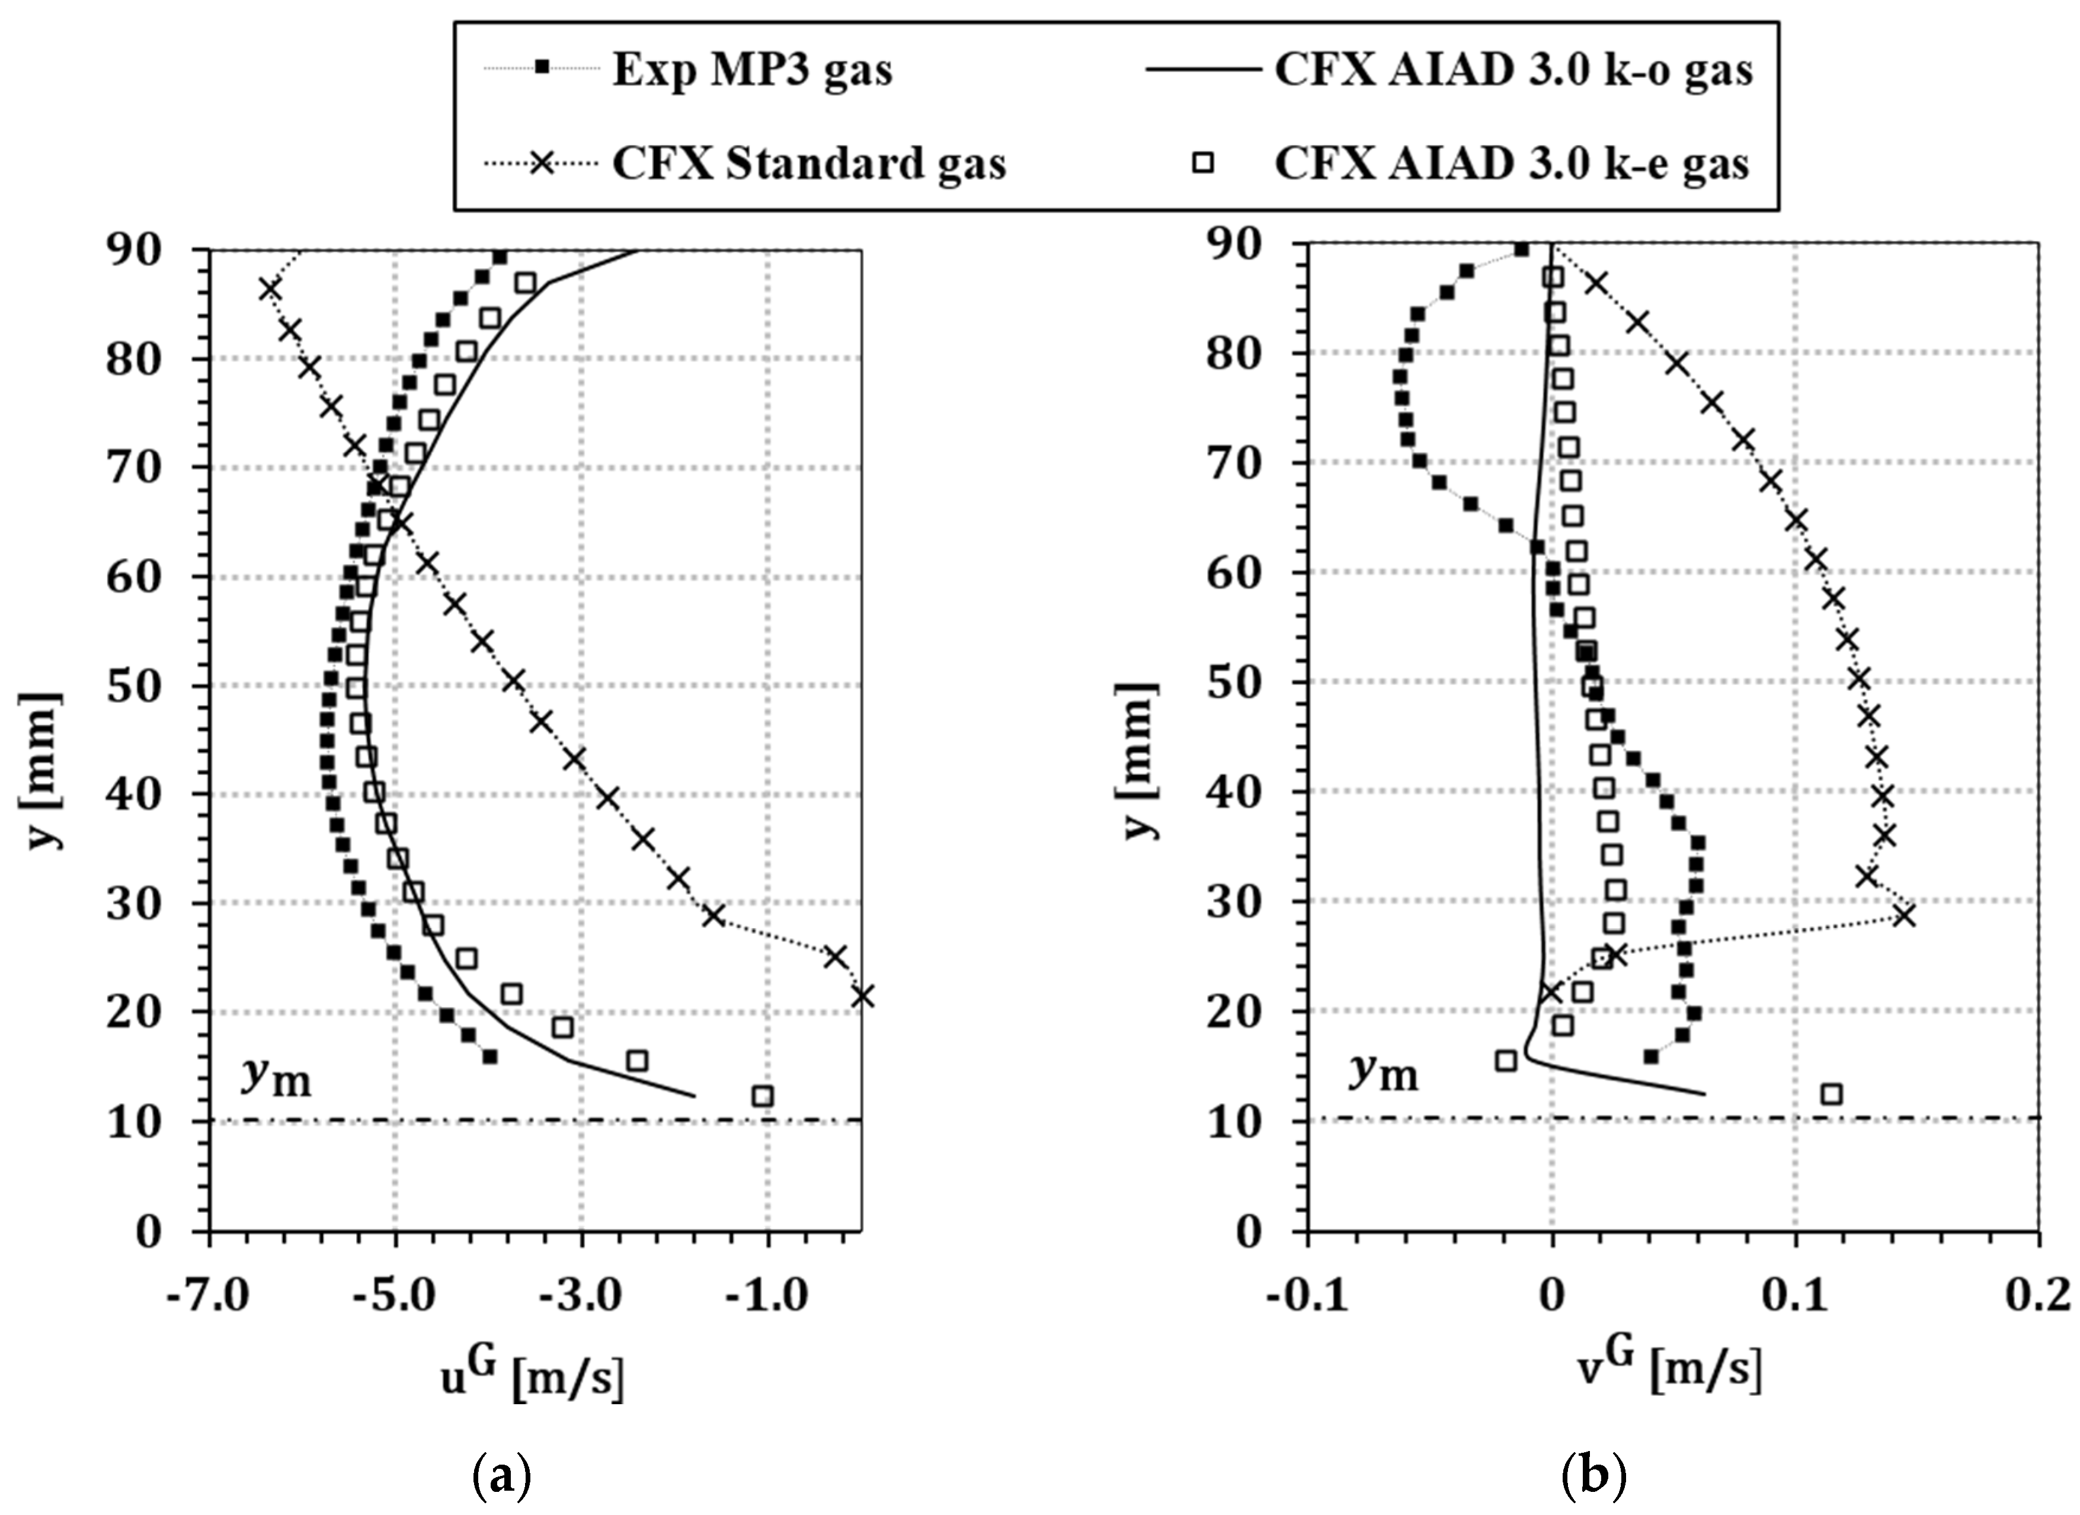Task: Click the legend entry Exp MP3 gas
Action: pyautogui.click(x=751, y=71)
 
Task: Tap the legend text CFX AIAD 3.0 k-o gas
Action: pyautogui.click(x=1513, y=71)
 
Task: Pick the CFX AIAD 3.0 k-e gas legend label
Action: pyautogui.click(x=1511, y=164)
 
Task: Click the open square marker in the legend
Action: pyautogui.click(x=1203, y=164)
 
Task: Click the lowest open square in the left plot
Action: pyautogui.click(x=762, y=1096)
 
